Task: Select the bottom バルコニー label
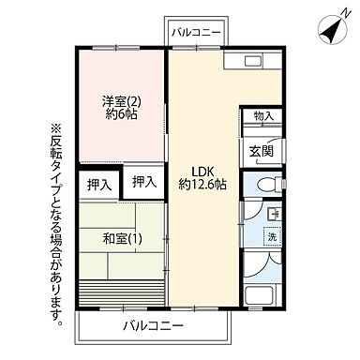tap(153, 326)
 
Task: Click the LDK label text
tap(204, 170)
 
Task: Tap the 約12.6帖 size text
tap(204, 185)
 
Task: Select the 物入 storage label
tap(263, 117)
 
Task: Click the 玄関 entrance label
tap(262, 150)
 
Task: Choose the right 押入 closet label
tap(143, 181)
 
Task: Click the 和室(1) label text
tap(121, 238)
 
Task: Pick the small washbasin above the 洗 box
tap(272, 215)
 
